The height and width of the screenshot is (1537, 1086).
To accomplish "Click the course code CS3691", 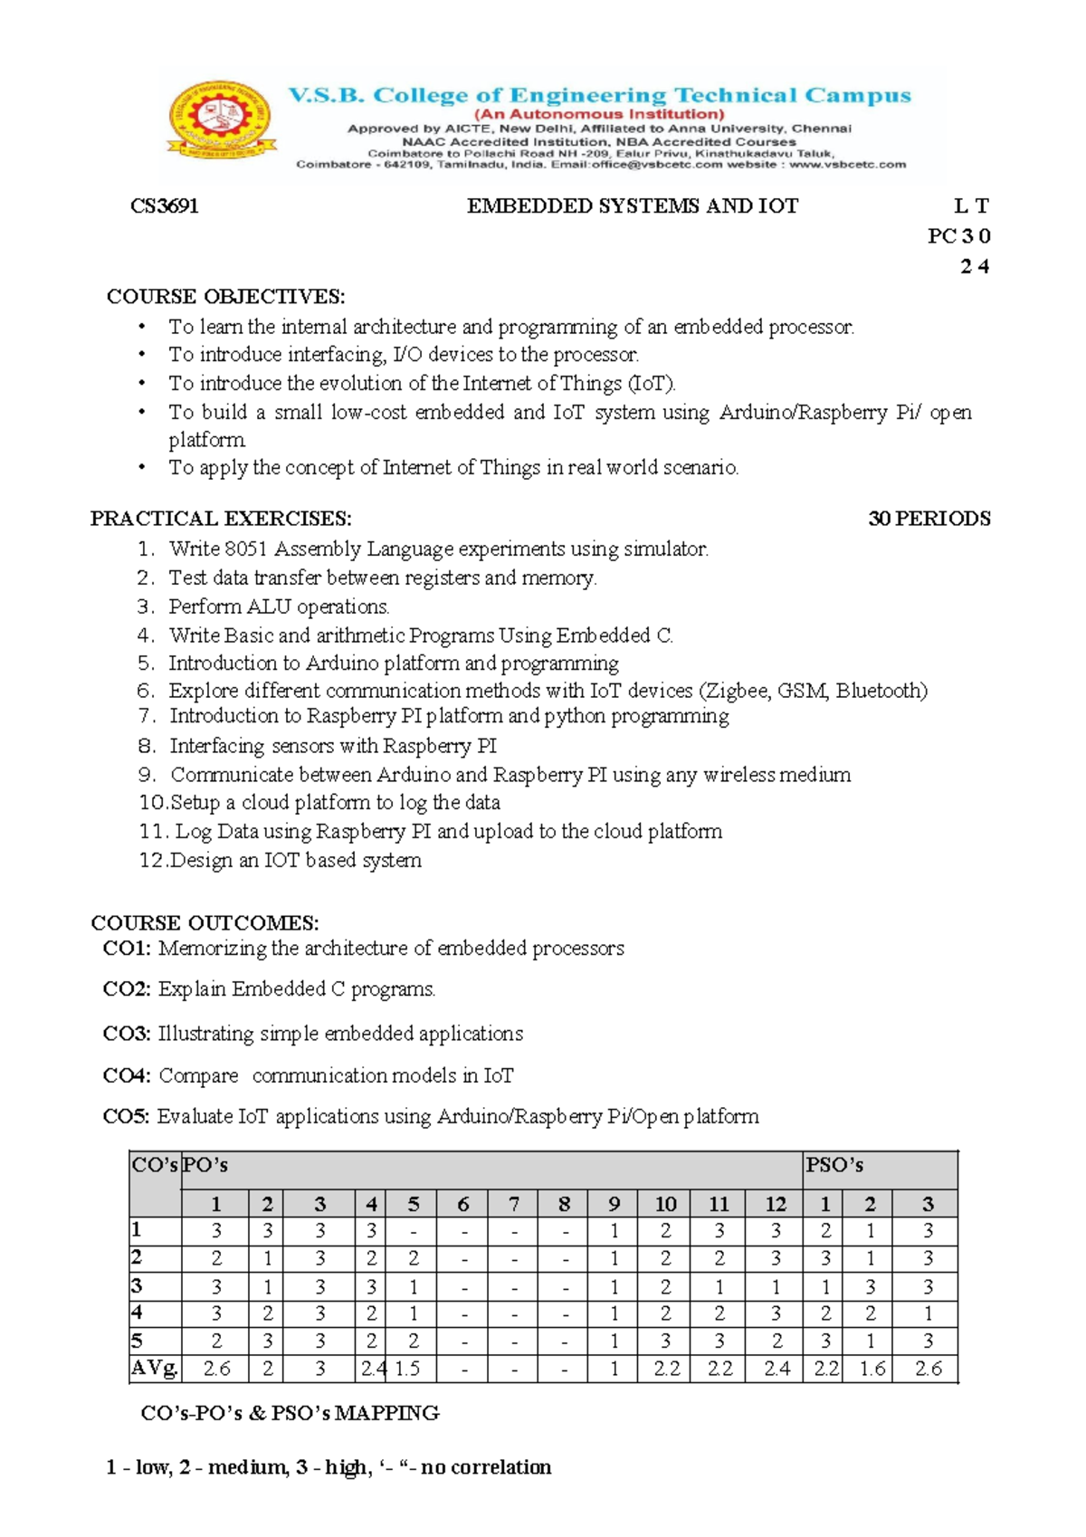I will pos(164,206).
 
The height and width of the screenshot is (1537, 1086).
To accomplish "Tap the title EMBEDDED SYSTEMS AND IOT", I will pos(632,206).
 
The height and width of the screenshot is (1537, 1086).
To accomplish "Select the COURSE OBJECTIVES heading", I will pos(225,297).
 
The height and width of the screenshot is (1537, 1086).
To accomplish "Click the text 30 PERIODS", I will pos(929,519).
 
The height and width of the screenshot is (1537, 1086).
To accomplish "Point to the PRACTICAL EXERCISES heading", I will pos(221,519).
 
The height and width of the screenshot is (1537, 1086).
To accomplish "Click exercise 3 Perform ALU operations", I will pos(279,606).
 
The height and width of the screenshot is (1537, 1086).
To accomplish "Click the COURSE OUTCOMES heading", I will pos(205,922).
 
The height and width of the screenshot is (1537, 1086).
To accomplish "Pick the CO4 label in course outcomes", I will pos(126,1075).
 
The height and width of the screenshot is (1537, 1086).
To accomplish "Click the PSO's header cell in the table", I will pos(834,1166).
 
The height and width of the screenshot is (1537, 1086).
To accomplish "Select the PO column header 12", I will pos(776,1204).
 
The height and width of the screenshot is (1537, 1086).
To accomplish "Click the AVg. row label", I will pos(155,1368).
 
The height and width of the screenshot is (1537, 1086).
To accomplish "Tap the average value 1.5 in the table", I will pos(407,1369).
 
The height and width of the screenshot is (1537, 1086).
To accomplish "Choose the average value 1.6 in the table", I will pos(872,1369).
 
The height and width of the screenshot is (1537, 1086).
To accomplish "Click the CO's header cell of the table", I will pos(155,1166).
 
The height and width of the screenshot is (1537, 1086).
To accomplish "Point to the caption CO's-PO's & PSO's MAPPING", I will pos(290,1413).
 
